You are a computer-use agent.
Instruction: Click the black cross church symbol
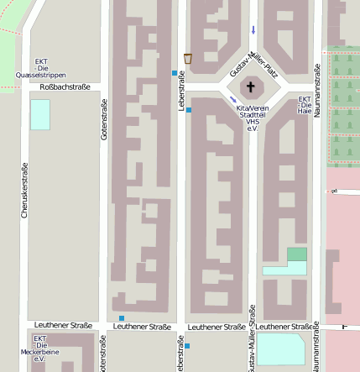250,86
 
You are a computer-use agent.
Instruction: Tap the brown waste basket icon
188,59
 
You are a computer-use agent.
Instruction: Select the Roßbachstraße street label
65,86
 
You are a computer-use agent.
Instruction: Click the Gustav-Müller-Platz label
253,60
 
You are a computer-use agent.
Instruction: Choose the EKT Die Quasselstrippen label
41,68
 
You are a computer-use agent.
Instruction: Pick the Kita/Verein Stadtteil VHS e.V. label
251,118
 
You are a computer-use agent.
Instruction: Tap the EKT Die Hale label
305,105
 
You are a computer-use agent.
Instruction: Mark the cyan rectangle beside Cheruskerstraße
39,114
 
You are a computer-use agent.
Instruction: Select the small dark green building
297,254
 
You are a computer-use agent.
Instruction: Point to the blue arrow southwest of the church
232,101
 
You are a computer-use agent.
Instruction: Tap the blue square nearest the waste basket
175,73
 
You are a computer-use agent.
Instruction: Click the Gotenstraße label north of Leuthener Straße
104,119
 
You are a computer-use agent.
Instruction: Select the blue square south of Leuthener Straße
187,346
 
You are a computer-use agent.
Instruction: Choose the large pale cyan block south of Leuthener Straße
280,349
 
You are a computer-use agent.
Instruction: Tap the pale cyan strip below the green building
284,269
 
